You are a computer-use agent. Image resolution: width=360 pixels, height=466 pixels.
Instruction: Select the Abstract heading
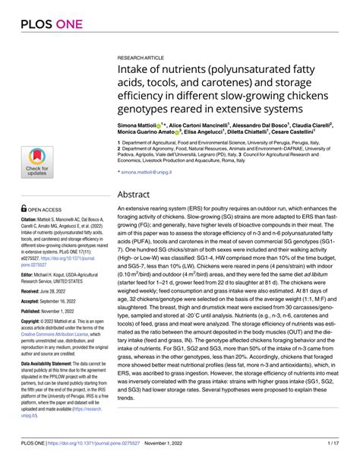141,194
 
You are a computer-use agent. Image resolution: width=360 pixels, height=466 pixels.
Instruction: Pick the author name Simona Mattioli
144,122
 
